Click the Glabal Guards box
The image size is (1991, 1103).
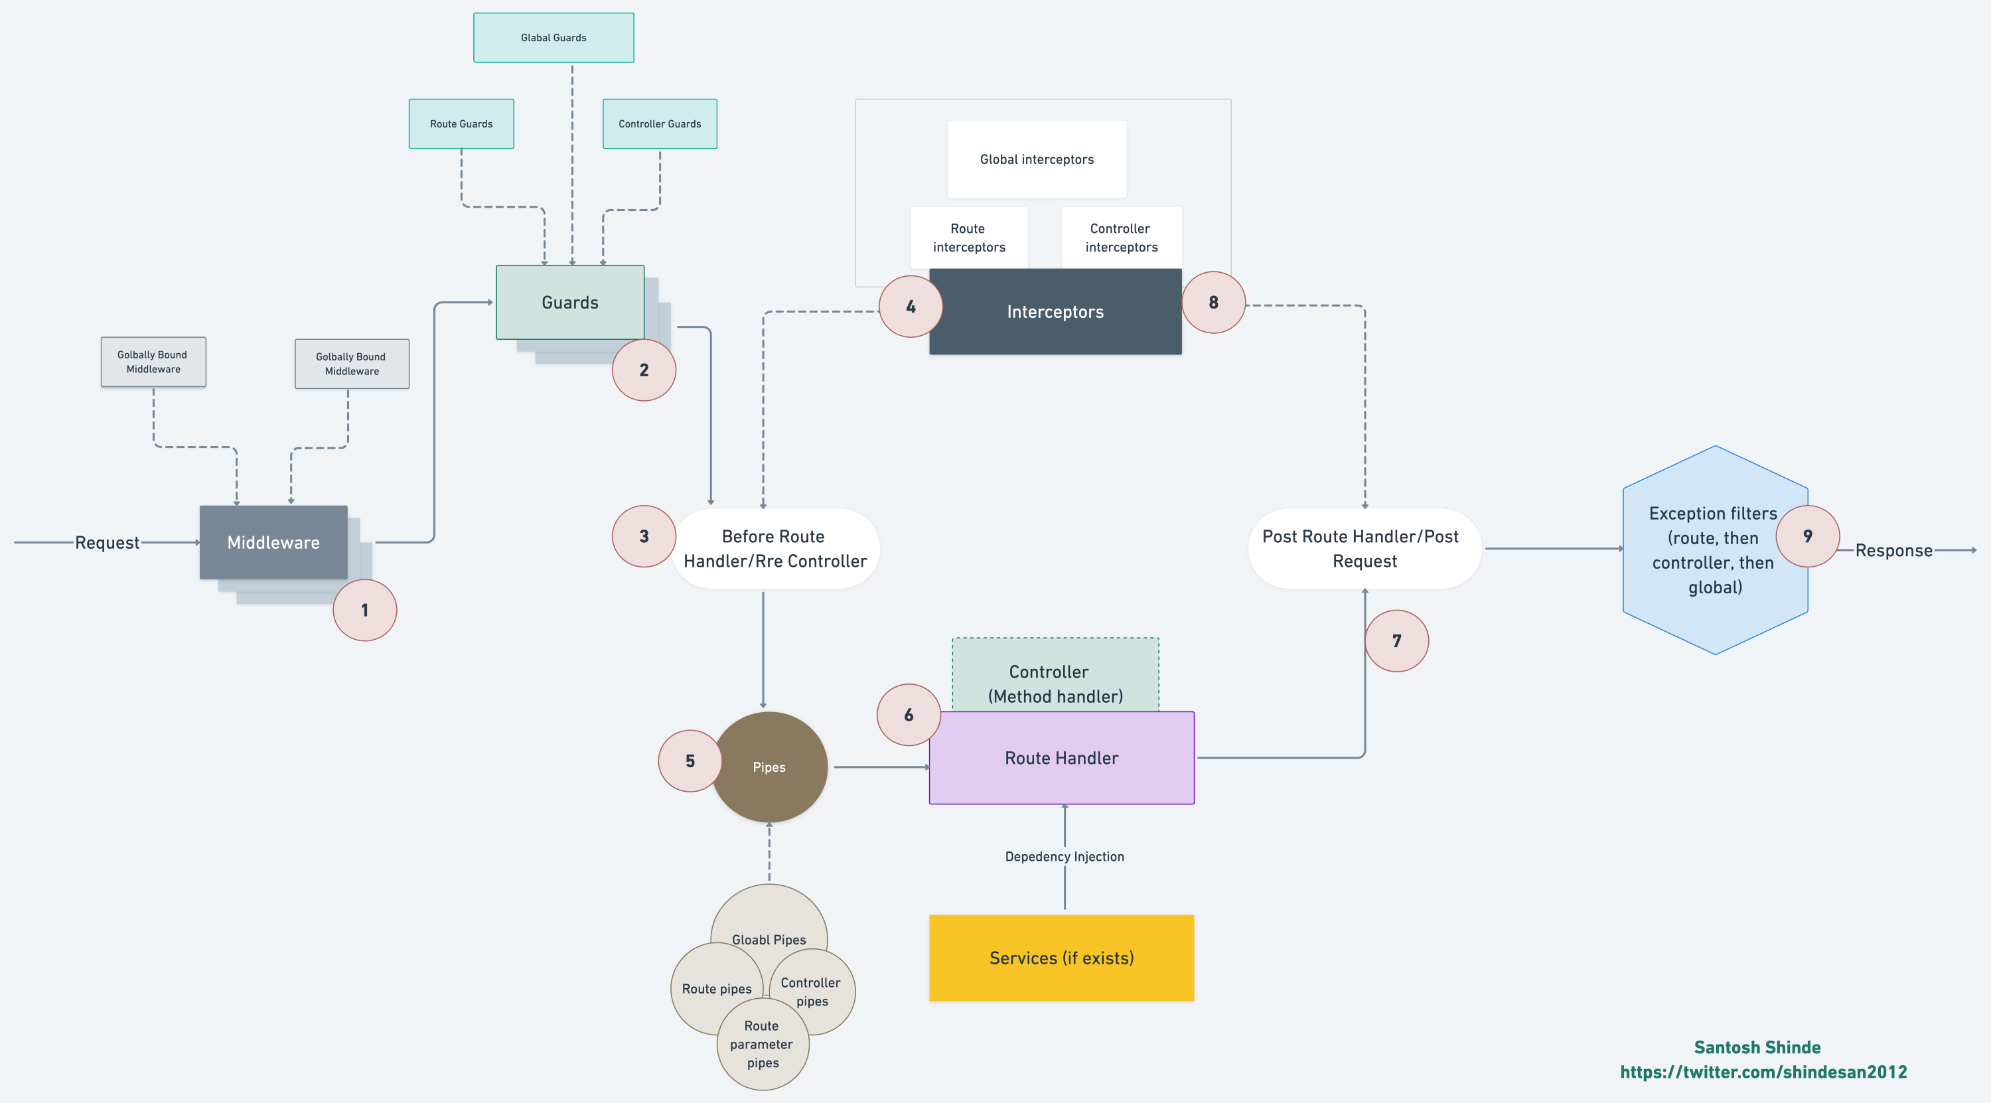[553, 38]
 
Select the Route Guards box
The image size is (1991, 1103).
[461, 123]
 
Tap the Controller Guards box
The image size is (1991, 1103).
[659, 123]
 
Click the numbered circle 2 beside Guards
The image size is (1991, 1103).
[644, 370]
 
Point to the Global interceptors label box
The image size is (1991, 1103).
[1037, 159]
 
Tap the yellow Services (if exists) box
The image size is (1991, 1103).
[1061, 958]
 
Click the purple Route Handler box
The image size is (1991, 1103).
[1061, 759]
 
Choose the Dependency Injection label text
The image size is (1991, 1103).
[1065, 856]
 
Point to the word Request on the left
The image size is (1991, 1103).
[107, 543]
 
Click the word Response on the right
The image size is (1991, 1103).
[1893, 550]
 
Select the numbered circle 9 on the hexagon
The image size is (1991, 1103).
[1807, 536]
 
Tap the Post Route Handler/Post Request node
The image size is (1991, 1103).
[1363, 549]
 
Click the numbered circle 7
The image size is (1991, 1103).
[1396, 641]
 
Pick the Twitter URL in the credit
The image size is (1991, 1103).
[1763, 1072]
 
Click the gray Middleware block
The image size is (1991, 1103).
[273, 543]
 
